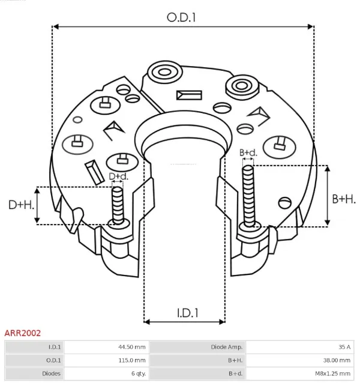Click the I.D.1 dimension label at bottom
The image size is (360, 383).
click(x=187, y=312)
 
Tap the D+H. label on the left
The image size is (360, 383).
click(x=20, y=205)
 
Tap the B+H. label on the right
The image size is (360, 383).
click(x=344, y=199)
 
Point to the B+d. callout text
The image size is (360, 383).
click(x=248, y=152)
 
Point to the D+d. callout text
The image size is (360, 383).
click(x=118, y=176)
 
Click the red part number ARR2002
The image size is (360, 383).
click(x=23, y=332)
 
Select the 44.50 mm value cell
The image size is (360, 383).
click(x=131, y=347)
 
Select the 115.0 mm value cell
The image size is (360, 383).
click(x=131, y=360)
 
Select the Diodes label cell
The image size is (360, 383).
click(x=52, y=373)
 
